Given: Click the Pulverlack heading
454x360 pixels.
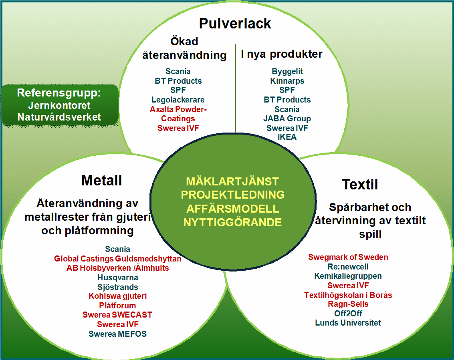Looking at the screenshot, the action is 235,24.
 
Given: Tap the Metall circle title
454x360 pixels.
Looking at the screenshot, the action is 101,180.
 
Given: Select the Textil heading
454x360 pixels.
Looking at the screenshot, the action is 360,184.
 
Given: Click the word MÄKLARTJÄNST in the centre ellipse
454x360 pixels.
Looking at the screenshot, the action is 232,181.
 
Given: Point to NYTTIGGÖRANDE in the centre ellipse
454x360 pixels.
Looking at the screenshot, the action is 232,222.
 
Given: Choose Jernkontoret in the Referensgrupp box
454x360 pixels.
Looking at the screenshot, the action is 59,105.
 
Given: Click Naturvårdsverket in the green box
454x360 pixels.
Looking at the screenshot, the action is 59,117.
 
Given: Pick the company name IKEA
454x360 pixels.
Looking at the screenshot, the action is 287,137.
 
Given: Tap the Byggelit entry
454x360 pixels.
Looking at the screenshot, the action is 287,71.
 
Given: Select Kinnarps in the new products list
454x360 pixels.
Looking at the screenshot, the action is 287,81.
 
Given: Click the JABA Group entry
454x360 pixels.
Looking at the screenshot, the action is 287,119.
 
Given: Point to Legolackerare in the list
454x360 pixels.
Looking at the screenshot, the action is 178,100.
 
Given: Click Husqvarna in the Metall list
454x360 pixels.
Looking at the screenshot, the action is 118,278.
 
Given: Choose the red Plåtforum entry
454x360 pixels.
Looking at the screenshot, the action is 117,305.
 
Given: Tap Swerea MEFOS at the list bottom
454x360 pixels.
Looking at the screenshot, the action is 117,334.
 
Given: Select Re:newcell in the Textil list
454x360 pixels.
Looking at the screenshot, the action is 348,267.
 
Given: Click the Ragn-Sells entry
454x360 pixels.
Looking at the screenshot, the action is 348,304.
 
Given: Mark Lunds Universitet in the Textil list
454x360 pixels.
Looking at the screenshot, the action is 348,323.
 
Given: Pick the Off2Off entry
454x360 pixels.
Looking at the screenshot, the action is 348,314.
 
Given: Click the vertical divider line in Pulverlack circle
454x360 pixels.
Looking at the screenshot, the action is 235,88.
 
